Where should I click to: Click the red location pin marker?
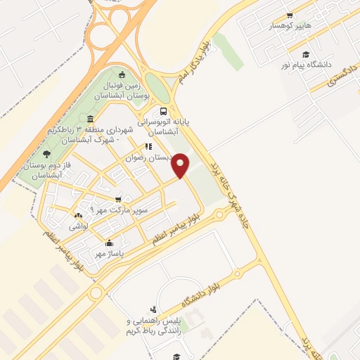pos(181,165)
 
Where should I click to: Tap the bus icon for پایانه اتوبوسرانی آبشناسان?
pos(164,110)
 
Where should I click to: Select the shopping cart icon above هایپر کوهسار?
pos(289,15)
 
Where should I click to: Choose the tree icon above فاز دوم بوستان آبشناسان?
pos(46,154)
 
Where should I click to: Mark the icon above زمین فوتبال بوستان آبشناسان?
pos(122,75)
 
